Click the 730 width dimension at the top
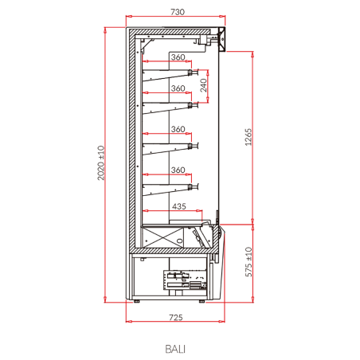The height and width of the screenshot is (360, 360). pyautogui.click(x=178, y=12)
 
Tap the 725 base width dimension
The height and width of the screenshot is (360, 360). pyautogui.click(x=176, y=317)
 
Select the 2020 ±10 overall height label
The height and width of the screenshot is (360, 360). pyautogui.click(x=101, y=163)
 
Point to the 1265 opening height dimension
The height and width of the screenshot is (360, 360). pyautogui.click(x=248, y=137)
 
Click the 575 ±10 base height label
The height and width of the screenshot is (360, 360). pyautogui.click(x=248, y=262)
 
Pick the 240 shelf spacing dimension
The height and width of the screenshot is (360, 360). pyautogui.click(x=203, y=85)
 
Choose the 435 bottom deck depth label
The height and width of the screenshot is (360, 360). pyautogui.click(x=179, y=206)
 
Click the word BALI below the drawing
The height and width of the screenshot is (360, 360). pyautogui.click(x=175, y=349)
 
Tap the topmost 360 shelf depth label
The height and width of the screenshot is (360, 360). pyautogui.click(x=178, y=57)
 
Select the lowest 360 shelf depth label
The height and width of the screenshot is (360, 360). pyautogui.click(x=178, y=170)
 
